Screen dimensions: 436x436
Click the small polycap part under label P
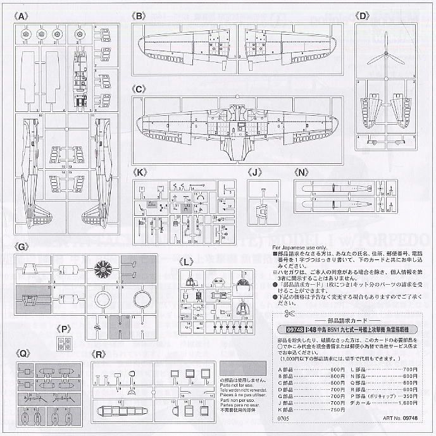(x=64, y=343)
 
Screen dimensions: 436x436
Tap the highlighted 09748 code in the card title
(x=290, y=329)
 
